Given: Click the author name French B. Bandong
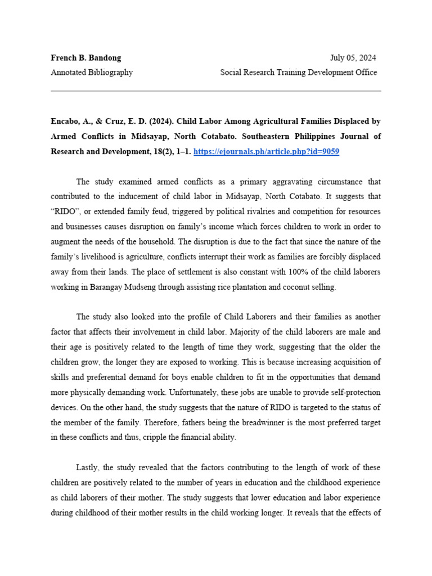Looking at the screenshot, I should click(85, 58).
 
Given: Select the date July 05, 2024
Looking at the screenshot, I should click(353, 58).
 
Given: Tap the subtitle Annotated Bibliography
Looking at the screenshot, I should click(92, 73).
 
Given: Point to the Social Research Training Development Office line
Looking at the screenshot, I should click(298, 73).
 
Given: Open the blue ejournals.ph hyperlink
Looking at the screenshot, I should click(266, 152).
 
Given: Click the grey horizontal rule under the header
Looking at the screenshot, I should click(216, 91).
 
